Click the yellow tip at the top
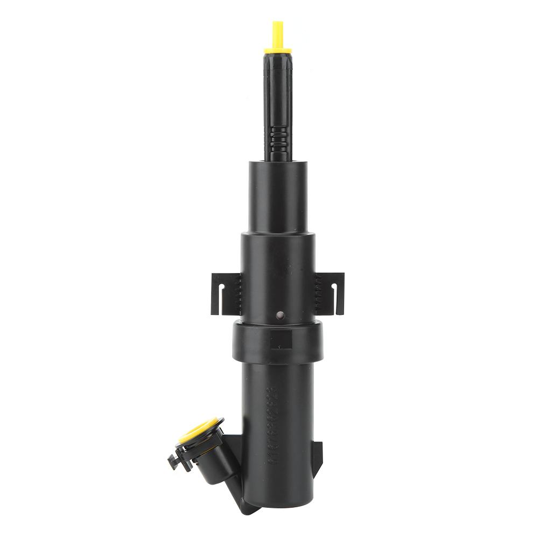click(x=278, y=33)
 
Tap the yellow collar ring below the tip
click(x=278, y=51)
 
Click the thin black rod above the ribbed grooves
click(x=278, y=92)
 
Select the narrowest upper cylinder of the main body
click(x=278, y=197)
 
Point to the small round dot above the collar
click(x=279, y=315)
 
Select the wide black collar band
click(x=253, y=341)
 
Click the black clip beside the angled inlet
click(x=176, y=460)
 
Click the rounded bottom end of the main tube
click(x=277, y=498)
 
